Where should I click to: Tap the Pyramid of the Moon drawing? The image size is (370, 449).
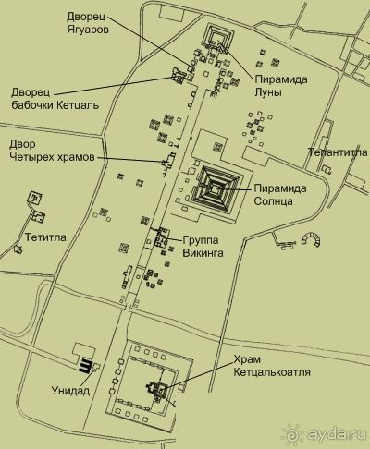(x=218, y=38)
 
